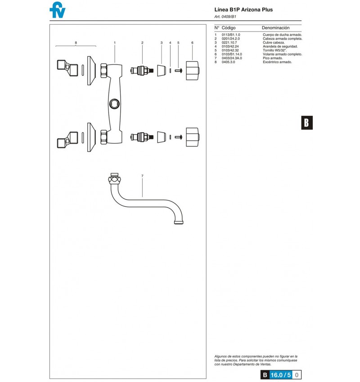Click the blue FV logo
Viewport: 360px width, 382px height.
point(58,10)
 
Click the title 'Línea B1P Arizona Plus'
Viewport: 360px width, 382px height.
point(243,10)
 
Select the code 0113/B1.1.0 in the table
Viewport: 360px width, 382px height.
point(231,35)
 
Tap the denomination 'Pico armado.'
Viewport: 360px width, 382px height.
point(273,58)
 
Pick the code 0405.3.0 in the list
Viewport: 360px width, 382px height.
point(228,62)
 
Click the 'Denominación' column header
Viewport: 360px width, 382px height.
point(275,28)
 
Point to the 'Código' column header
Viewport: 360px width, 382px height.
point(228,28)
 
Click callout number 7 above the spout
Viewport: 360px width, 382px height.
point(142,176)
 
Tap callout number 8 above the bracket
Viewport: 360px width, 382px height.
point(76,43)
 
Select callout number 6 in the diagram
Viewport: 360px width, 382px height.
point(192,43)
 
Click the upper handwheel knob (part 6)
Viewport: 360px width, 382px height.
point(193,71)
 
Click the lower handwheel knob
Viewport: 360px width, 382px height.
point(193,137)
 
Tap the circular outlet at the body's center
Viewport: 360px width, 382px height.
point(114,104)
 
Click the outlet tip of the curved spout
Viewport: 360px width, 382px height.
point(179,222)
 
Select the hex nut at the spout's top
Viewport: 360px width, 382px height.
point(114,181)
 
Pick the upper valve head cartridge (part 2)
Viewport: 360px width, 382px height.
point(142,71)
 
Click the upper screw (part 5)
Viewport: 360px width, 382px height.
point(178,71)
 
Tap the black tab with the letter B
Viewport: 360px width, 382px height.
point(307,123)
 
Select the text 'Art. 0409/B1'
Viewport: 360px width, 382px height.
point(225,17)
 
